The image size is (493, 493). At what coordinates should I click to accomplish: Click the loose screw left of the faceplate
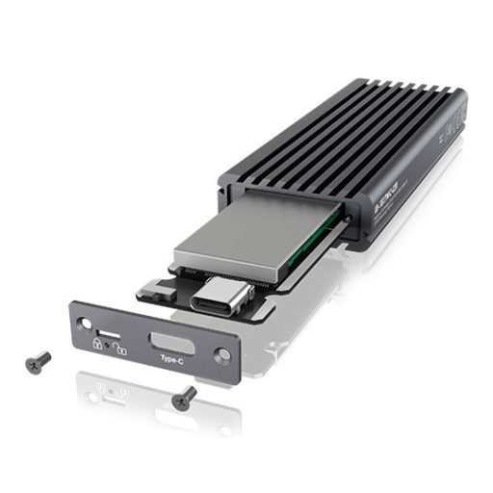tap(39, 361)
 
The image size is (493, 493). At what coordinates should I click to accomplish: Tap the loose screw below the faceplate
tap(183, 395)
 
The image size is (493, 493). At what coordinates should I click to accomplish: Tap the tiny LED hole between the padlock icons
tap(108, 345)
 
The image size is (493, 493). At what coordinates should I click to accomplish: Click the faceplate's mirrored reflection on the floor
tap(154, 395)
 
